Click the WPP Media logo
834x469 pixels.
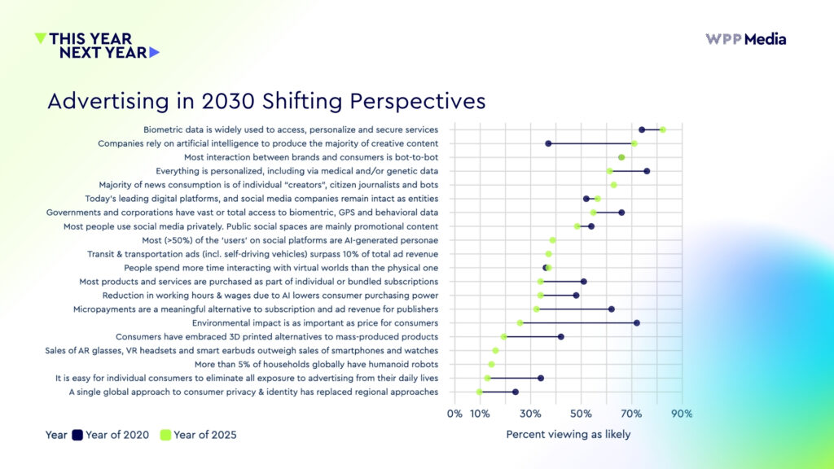(745, 39)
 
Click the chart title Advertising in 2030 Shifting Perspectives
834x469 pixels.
(266, 101)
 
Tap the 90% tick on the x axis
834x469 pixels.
(682, 414)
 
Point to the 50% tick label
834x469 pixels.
(581, 414)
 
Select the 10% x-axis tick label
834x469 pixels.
(480, 414)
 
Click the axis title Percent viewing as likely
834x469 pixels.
(568, 434)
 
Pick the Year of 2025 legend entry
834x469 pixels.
(198, 435)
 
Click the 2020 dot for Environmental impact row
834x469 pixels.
(637, 323)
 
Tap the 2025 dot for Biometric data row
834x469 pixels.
(662, 129)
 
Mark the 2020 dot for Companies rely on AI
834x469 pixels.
(548, 143)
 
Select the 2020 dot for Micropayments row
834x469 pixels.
(612, 309)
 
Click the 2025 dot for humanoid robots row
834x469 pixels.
(491, 364)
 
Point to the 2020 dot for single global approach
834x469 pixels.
(516, 392)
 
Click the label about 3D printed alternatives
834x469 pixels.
(277, 336)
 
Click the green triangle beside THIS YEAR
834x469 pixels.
(41, 37)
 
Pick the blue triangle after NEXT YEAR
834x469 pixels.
(155, 52)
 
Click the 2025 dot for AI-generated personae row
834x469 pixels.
(553, 240)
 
